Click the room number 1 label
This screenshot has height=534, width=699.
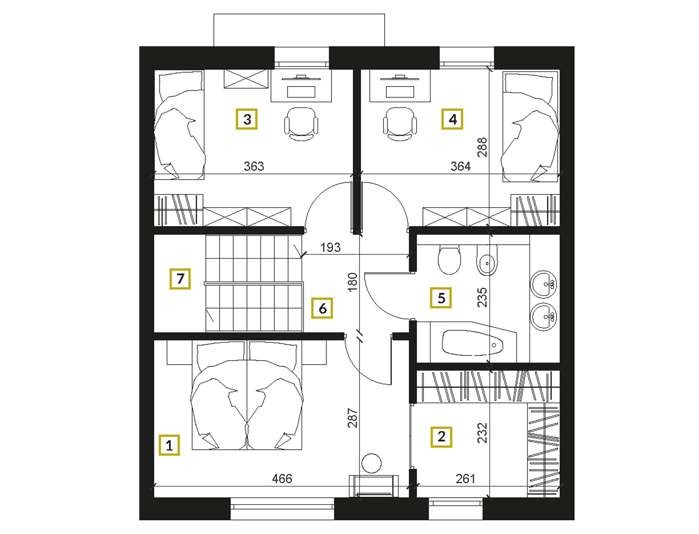click(x=169, y=445)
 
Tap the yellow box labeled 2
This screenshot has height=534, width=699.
click(x=441, y=437)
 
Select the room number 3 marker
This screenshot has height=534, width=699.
click(x=247, y=119)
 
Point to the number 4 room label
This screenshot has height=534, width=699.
click(x=452, y=119)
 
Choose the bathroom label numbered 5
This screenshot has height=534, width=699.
click(x=441, y=298)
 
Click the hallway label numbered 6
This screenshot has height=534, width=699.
click(x=322, y=308)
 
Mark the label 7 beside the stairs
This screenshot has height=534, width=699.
click(x=180, y=279)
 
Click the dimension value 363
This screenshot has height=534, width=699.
click(x=254, y=166)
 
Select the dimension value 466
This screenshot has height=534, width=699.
click(x=282, y=478)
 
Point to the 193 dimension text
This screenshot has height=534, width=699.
click(x=331, y=248)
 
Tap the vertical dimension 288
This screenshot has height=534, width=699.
click(x=482, y=147)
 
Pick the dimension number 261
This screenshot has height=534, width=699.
click(x=466, y=478)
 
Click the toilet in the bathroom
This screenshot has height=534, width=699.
click(x=450, y=260)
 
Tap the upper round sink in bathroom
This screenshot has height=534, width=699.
click(x=544, y=284)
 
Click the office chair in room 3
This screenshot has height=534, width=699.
click(x=301, y=124)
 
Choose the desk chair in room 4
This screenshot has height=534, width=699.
click(x=400, y=124)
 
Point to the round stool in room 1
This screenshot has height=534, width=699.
click(x=371, y=463)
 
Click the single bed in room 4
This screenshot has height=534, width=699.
click(x=530, y=126)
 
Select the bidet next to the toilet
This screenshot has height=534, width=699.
click(x=487, y=260)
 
